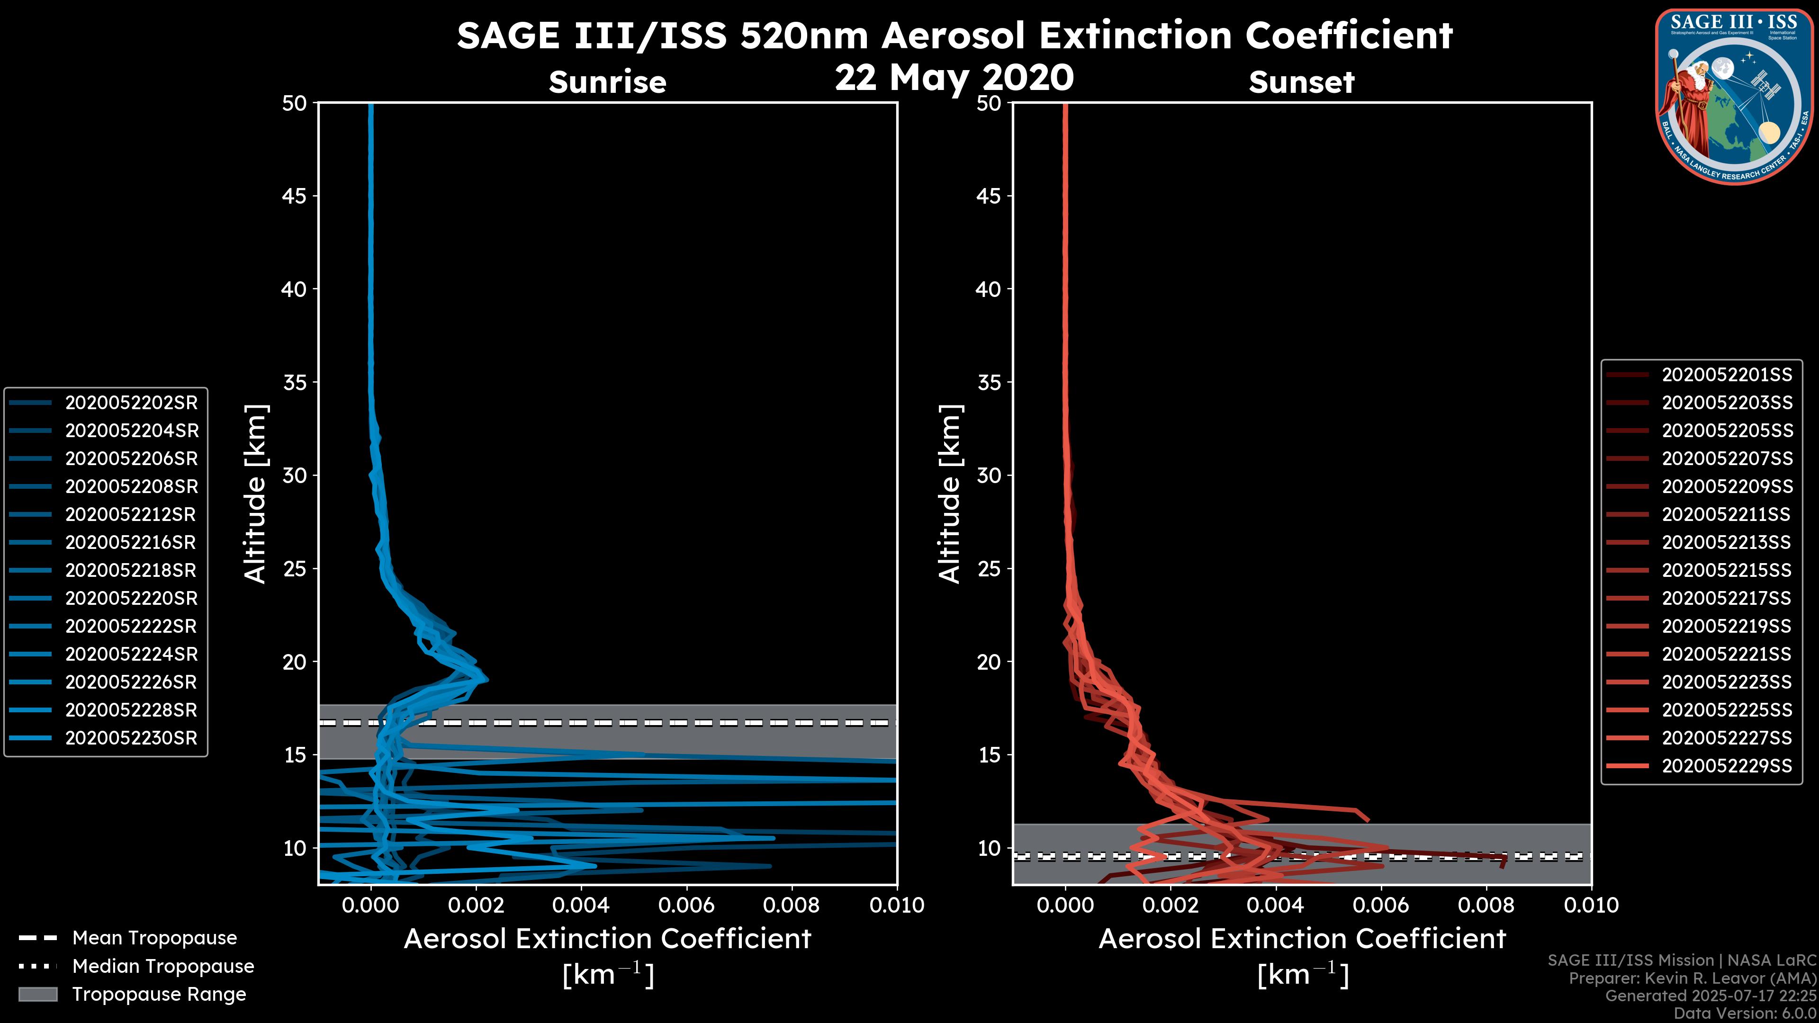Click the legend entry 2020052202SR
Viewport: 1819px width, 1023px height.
point(131,403)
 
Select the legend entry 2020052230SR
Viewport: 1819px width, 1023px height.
point(131,738)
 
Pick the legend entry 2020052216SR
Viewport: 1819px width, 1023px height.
point(131,542)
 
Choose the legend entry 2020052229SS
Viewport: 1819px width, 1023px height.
point(1727,765)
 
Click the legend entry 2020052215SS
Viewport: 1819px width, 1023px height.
point(1727,570)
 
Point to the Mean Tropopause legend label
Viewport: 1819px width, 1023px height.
point(154,938)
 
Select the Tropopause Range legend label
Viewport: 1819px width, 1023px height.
point(159,994)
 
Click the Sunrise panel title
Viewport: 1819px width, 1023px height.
point(607,82)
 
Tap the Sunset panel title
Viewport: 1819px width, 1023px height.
point(1301,82)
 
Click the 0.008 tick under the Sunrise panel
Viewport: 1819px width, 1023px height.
point(792,905)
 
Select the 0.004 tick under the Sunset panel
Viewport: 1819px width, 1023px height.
point(1276,905)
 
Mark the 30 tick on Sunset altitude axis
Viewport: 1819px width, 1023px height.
point(989,475)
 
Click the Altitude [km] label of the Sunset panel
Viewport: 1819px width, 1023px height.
point(950,494)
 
